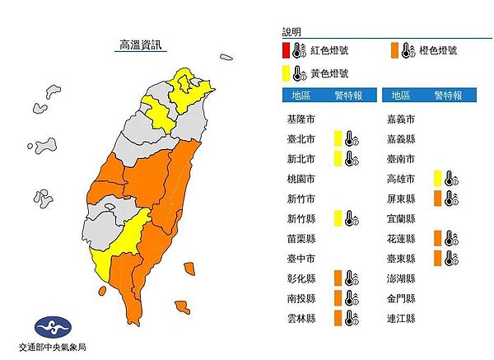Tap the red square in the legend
[285, 51]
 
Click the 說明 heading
[292, 31]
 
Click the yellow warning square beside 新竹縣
[338, 218]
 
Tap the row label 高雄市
[400, 178]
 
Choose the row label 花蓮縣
[400, 238]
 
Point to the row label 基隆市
[294, 119]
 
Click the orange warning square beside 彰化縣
[338, 278]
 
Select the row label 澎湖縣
[400, 278]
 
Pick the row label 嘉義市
[400, 119]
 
